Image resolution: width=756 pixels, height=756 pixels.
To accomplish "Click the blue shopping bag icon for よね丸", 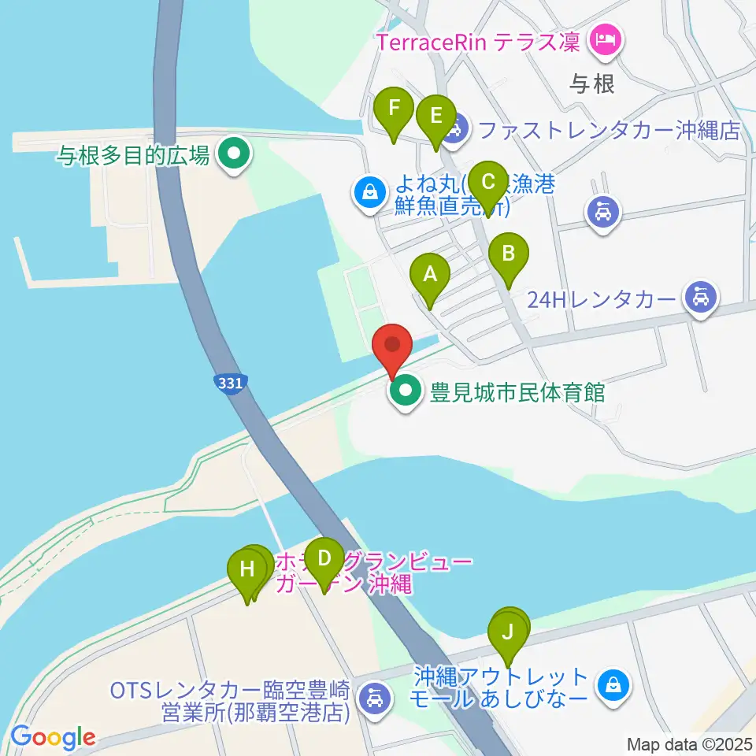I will [x=369, y=190].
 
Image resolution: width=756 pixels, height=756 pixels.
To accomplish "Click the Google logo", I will [x=54, y=737].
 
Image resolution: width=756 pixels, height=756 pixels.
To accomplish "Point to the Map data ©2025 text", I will [x=690, y=743].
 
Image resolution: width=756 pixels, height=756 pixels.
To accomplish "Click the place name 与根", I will [x=592, y=84].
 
